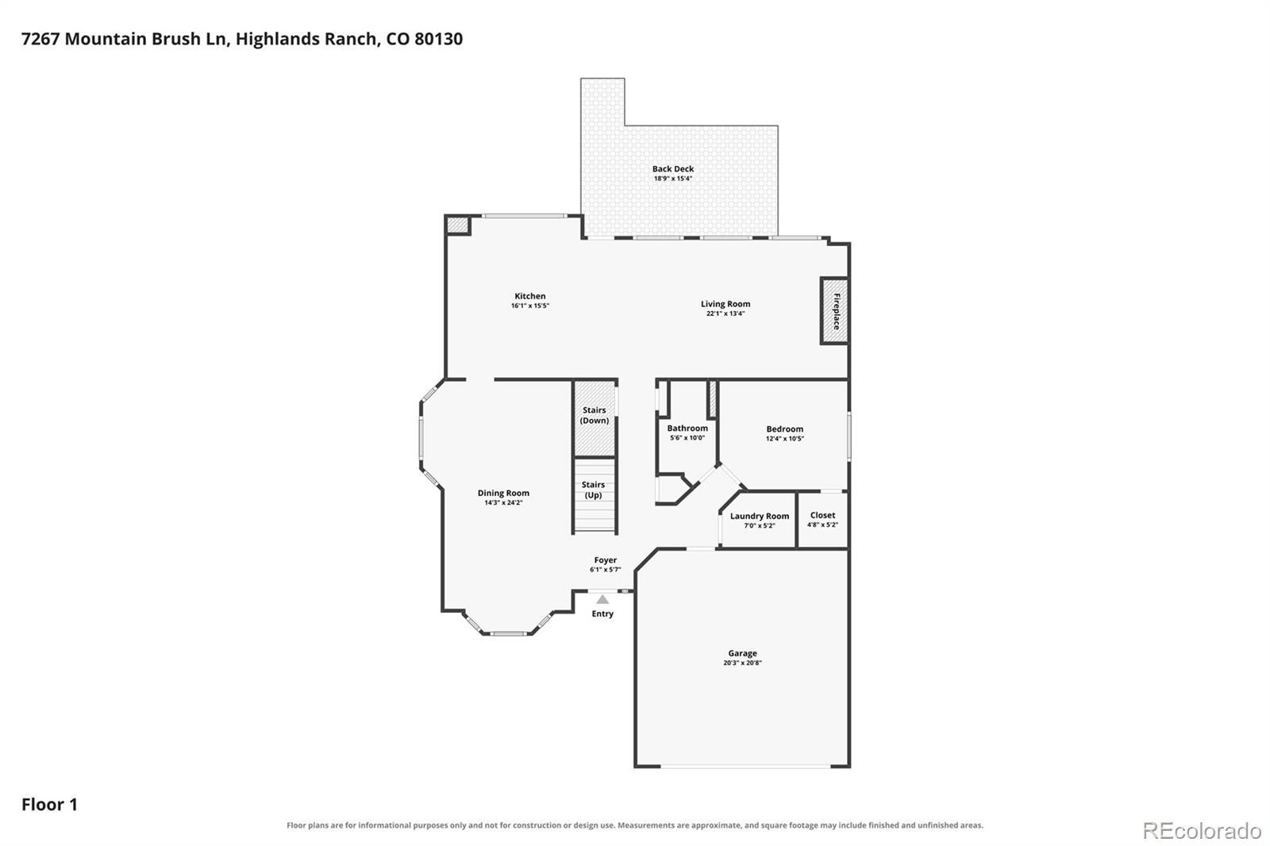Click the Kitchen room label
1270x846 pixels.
(529, 296)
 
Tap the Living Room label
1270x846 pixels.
(725, 304)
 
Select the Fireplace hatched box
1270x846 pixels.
(834, 311)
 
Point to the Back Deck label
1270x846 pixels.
(672, 168)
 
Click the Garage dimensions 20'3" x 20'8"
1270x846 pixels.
(742, 663)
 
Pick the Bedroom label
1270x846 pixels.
(785, 429)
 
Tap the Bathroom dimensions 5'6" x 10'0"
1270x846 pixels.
(687, 438)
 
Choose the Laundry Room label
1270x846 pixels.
(759, 516)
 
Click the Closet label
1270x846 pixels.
(822, 515)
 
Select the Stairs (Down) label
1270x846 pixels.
(595, 415)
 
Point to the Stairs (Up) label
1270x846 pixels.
(593, 490)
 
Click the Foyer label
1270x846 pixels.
(605, 560)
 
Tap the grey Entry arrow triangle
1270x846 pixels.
(602, 599)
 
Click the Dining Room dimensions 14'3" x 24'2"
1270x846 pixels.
(503, 502)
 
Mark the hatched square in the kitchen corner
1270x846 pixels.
(458, 225)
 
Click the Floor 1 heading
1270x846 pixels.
(49, 805)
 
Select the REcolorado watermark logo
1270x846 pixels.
(1202, 831)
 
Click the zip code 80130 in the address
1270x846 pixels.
(438, 39)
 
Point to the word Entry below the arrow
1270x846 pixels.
(602, 613)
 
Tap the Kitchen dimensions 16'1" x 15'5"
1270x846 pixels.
(529, 306)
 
